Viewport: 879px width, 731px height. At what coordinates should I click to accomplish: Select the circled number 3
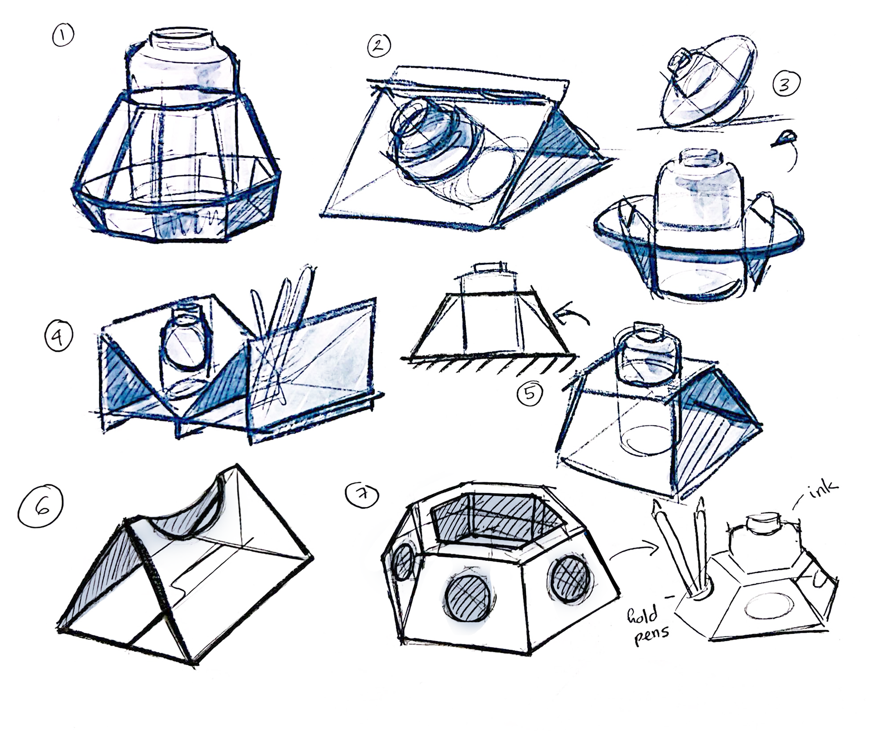(x=786, y=85)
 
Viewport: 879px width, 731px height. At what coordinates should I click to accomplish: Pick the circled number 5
(x=530, y=393)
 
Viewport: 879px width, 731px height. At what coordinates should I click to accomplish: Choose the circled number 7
(x=363, y=495)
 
